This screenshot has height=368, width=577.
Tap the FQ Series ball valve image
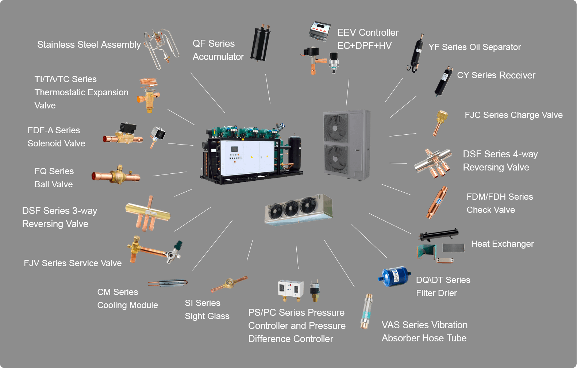[116, 176]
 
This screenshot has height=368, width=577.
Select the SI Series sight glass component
[229, 283]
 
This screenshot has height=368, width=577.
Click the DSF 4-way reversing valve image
[433, 162]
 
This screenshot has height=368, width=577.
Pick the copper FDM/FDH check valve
[437, 202]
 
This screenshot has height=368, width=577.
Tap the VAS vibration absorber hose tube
[366, 311]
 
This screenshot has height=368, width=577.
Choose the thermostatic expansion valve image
[148, 95]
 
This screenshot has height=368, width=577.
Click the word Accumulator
[218, 57]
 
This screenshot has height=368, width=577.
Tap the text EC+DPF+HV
[364, 46]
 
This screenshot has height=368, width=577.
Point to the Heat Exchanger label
[502, 244]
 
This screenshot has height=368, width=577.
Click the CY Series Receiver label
[496, 75]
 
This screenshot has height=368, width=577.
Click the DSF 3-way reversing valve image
[148, 213]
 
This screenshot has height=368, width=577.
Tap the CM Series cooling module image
[168, 283]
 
